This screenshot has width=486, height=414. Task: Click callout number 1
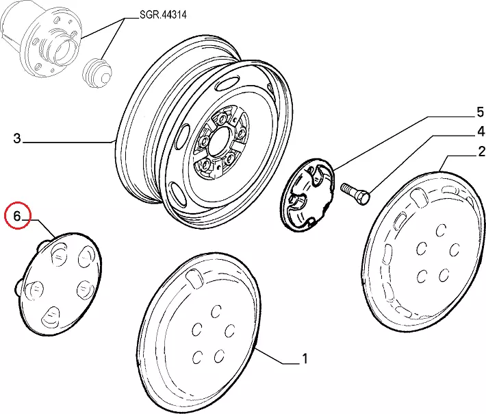304,358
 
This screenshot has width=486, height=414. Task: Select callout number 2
482,151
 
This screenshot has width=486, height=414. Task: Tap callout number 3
17,139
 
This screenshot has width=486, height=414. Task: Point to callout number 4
481,132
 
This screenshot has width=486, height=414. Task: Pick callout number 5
481,111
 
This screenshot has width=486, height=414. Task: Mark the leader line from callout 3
68,142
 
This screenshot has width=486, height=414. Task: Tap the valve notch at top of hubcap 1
194,278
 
